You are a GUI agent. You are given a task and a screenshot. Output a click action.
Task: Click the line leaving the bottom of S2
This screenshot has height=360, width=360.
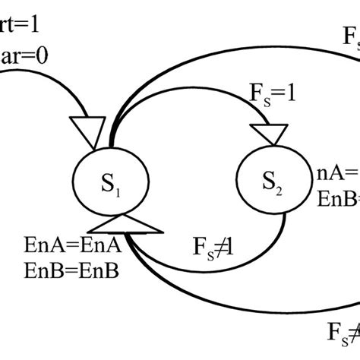pyautogui.click(x=283, y=228)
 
